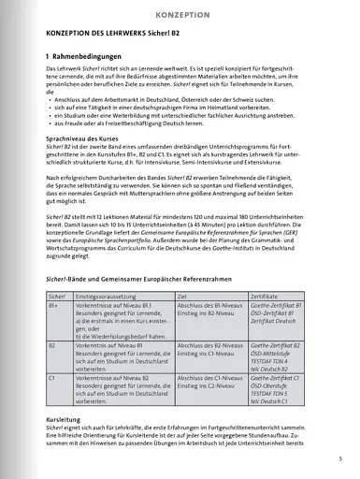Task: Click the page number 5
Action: pos(340,458)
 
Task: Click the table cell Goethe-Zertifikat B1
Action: pos(268,306)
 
